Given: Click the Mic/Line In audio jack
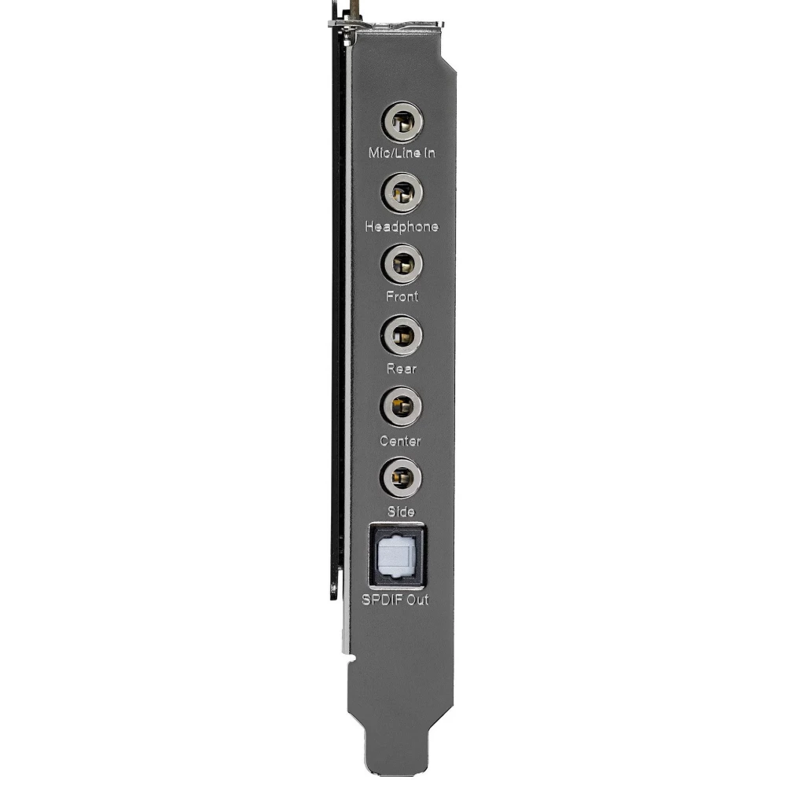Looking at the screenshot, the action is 402,122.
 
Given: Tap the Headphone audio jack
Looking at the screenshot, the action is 402,193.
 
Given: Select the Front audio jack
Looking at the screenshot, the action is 402,263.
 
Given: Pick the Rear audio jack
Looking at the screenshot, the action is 401,336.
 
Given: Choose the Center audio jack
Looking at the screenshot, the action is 401,406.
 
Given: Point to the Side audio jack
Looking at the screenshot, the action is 401,477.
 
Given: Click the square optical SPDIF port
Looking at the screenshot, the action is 397,556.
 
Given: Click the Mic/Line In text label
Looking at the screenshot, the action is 402,153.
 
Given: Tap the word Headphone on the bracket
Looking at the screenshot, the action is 402,226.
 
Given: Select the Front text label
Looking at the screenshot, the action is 402,296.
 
